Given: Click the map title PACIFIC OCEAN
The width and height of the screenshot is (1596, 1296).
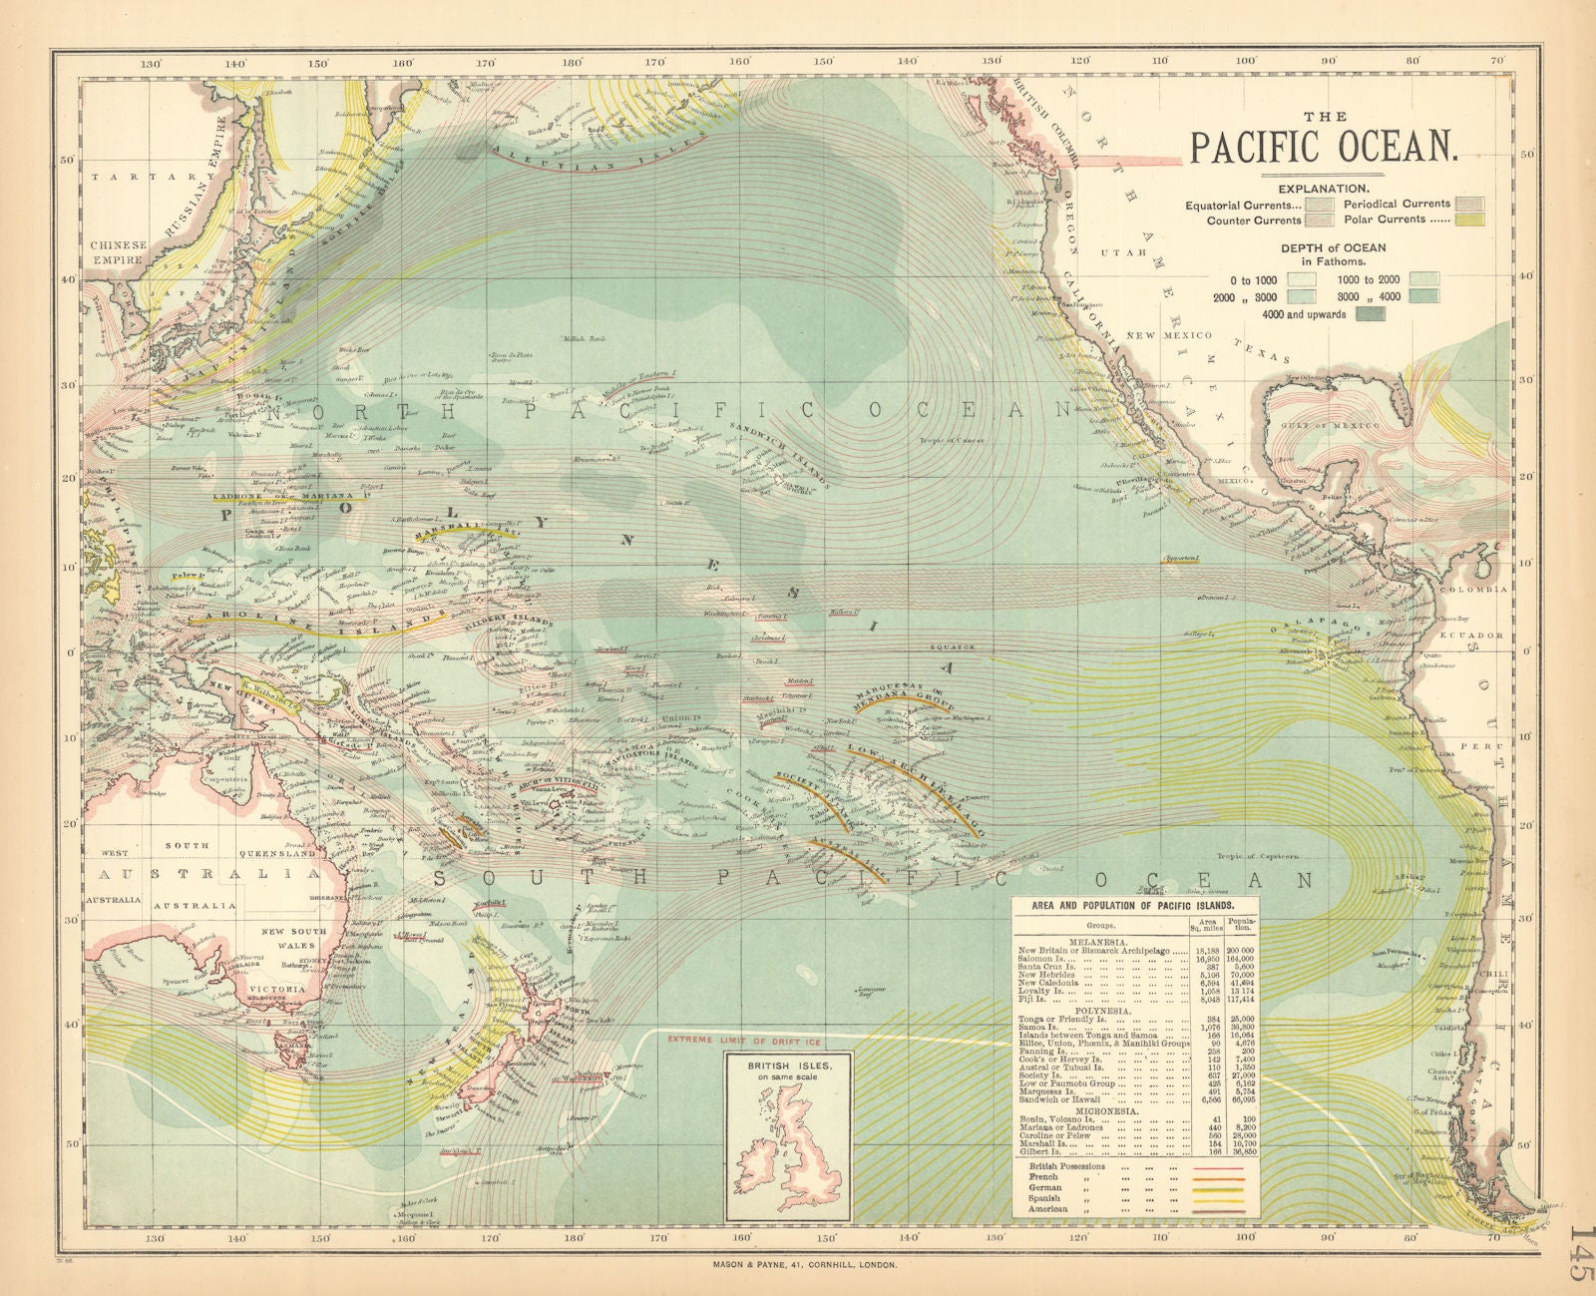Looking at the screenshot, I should (1324, 146).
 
